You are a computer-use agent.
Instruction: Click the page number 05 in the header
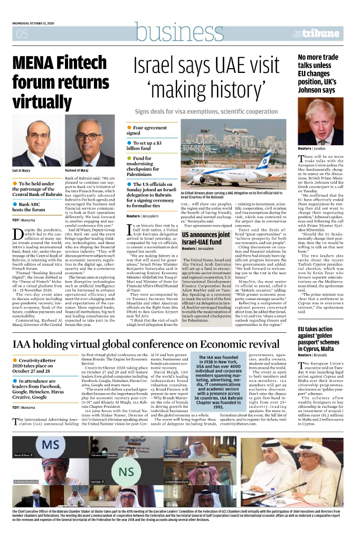pos(22,34)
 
